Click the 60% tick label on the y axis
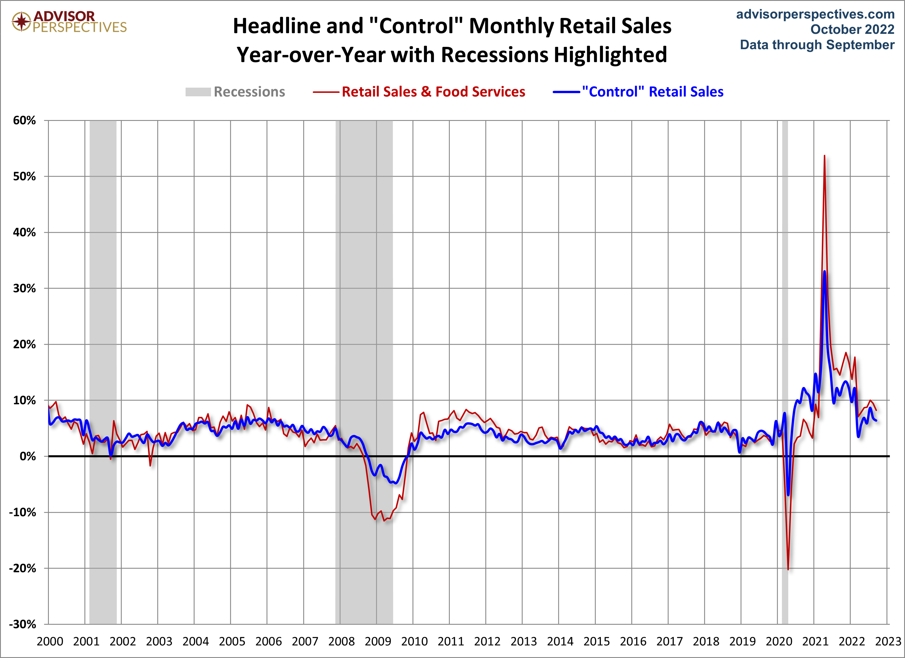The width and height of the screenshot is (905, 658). [24, 121]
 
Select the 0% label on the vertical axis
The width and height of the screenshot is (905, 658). [27, 456]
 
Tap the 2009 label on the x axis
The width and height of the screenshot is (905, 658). [377, 642]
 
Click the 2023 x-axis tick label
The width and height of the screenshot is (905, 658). [888, 642]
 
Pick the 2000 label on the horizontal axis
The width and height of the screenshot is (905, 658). [50, 642]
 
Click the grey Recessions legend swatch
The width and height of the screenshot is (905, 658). [198, 92]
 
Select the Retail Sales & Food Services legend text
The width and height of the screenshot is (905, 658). [433, 92]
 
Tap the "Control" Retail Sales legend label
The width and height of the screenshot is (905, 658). [652, 92]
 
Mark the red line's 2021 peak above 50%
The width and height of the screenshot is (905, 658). [824, 156]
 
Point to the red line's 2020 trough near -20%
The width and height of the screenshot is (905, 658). [788, 569]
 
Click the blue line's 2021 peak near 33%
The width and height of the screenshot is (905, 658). [824, 272]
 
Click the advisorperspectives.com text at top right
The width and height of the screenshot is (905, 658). [815, 14]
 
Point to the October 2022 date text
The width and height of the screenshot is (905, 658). [852, 30]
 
